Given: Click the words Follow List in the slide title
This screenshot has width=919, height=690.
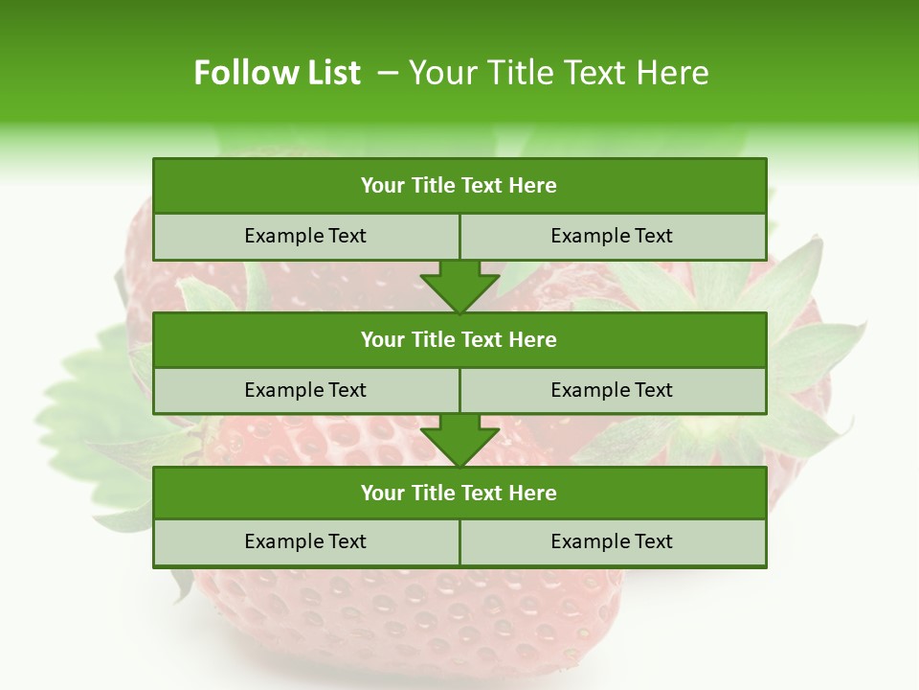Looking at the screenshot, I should [277, 73].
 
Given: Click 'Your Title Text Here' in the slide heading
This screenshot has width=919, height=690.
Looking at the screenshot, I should [558, 73].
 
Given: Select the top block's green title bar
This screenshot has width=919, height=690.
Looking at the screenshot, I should [459, 186].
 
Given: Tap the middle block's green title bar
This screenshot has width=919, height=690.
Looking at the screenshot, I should [459, 339].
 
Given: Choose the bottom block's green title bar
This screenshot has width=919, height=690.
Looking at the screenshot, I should [459, 493].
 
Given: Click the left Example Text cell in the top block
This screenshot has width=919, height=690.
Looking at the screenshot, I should [305, 236].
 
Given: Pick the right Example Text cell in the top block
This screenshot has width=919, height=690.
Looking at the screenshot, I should [613, 236].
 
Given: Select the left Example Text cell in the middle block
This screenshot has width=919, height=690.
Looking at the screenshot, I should [305, 390].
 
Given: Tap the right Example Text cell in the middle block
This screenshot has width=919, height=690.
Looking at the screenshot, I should [613, 390].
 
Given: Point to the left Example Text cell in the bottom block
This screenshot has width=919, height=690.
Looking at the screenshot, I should [305, 541].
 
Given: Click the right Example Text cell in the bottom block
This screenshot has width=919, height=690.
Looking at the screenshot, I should [613, 541].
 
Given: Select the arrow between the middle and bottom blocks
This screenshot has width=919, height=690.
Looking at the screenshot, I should [459, 440].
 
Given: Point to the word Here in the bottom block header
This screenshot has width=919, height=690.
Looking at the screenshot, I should [533, 493].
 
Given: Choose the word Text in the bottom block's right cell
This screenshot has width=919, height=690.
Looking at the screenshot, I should [653, 541].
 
